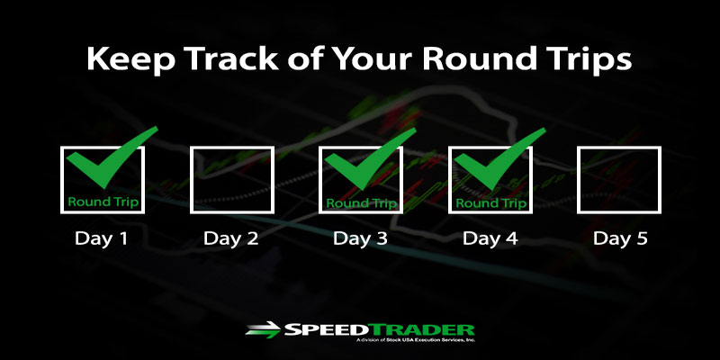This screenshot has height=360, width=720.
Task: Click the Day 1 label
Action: click(x=101, y=238)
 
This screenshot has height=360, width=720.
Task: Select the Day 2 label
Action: click(x=230, y=238)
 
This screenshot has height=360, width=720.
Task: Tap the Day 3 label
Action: click(x=361, y=238)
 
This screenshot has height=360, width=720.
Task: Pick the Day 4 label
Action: click(x=490, y=238)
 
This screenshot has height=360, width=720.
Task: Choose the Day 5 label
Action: click(x=620, y=238)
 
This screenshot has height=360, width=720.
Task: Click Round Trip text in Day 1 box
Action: click(x=103, y=202)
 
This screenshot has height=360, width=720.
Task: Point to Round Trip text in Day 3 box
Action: click(x=362, y=203)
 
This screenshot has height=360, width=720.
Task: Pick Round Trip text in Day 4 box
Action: click(x=490, y=203)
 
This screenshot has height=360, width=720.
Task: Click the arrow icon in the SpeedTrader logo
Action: click(x=263, y=329)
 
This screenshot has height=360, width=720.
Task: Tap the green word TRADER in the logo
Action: click(x=423, y=329)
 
